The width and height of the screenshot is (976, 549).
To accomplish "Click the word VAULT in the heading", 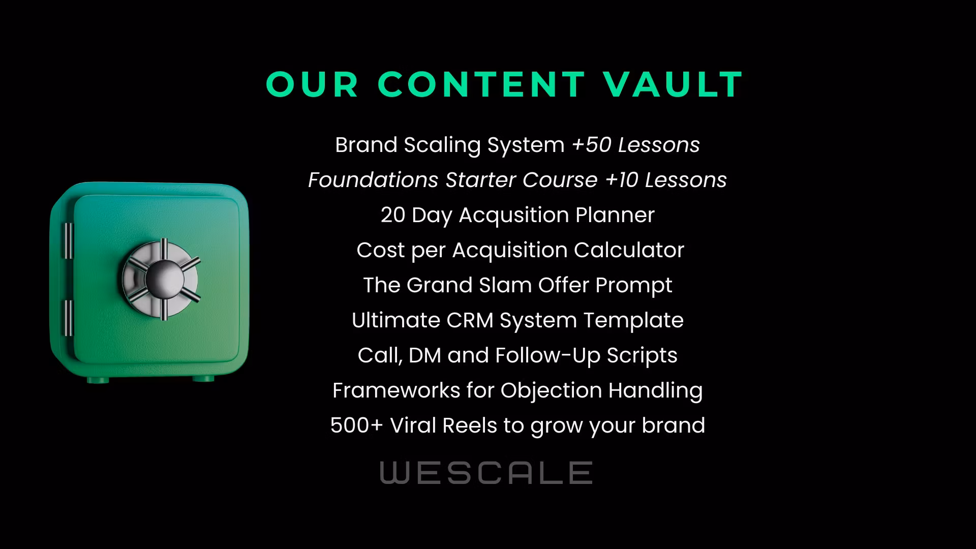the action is (674, 84).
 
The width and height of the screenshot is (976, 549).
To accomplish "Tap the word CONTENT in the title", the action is (482, 84).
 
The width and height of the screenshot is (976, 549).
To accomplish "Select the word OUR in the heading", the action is (313, 84).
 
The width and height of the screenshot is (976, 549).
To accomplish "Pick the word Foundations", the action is (373, 180).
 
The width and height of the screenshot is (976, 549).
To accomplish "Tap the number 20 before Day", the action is (392, 215).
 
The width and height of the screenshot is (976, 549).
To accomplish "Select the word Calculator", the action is (629, 250).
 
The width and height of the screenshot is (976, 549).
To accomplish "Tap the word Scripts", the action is (642, 356).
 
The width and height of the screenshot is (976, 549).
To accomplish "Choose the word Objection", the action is (551, 391).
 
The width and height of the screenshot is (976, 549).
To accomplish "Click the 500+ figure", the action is (356, 425).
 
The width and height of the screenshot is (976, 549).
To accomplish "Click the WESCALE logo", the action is (486, 473).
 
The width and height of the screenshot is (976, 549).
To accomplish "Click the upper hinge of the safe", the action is (68, 241).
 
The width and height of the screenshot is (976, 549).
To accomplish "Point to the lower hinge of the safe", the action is (68, 318).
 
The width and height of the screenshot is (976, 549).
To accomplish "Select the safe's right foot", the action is (203, 378).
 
